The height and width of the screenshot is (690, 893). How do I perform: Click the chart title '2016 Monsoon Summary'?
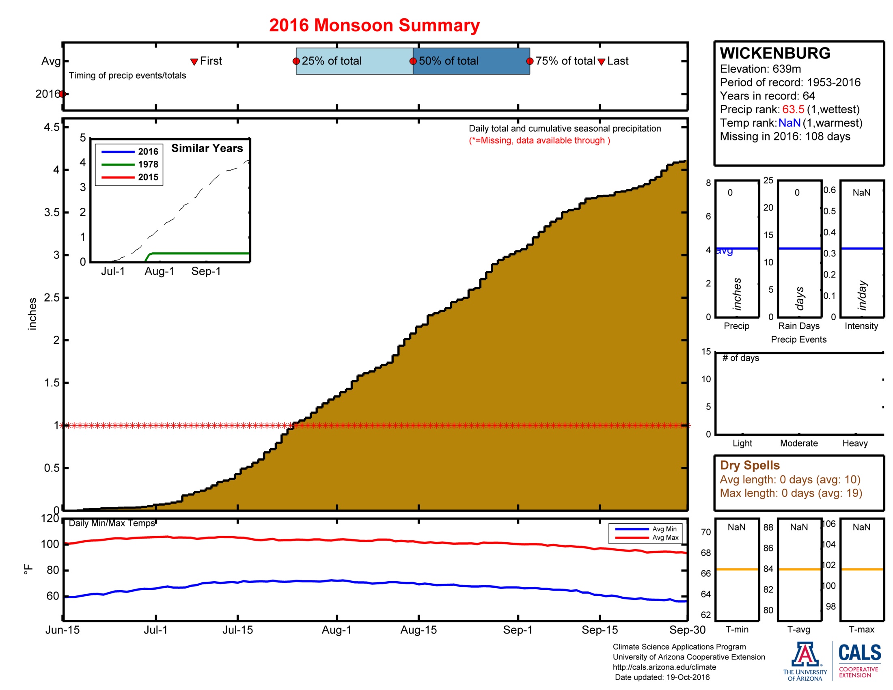pos(374,25)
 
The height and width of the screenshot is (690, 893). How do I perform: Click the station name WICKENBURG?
pos(775,53)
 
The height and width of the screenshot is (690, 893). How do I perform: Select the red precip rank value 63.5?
pos(793,109)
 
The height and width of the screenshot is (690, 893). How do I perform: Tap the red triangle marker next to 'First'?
pos(194,62)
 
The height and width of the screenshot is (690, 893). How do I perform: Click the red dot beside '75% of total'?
pos(529,61)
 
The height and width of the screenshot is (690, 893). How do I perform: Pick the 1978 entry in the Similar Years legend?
pos(148,164)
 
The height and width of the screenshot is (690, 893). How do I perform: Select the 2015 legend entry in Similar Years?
pos(148,177)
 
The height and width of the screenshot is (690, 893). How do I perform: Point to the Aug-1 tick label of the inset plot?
pos(159,271)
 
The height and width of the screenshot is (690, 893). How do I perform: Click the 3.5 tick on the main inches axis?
pos(52,213)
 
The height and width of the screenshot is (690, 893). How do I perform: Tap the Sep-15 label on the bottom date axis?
pos(600,630)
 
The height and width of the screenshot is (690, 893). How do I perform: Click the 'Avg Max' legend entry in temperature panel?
pos(665,537)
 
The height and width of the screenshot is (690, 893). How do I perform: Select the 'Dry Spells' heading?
pos(749,465)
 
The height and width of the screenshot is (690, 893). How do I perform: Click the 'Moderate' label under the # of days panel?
pos(798,443)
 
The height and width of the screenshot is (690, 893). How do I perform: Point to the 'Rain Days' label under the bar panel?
pos(798,326)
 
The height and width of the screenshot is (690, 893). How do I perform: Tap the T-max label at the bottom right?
pos(861,630)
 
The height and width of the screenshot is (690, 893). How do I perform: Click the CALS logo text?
pos(859,653)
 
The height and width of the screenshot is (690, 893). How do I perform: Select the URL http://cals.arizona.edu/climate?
pos(664,667)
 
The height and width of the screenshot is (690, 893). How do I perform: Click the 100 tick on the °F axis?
pos(50,544)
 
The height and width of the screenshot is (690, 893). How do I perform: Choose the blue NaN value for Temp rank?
pos(789,123)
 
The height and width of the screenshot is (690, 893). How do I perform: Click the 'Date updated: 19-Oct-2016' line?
pos(662,677)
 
